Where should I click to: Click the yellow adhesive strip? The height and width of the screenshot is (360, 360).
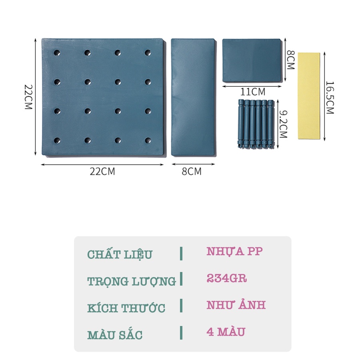(309, 96)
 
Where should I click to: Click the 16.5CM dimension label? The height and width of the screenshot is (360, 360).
(330, 98)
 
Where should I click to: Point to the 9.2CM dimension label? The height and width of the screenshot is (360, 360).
(282, 124)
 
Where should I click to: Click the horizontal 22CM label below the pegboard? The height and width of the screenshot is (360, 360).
(102, 172)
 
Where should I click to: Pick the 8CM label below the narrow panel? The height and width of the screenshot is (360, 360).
(192, 172)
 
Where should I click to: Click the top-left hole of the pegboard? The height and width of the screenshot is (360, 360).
(56, 52)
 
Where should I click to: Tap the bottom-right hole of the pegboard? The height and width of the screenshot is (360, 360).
(148, 140)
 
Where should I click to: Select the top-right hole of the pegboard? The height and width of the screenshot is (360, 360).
(148, 52)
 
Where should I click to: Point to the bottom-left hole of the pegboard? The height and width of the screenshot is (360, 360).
(56, 140)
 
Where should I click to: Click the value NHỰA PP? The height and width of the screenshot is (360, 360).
(235, 252)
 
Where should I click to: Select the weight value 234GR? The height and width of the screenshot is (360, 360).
(227, 278)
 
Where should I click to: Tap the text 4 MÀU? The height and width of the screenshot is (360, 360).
(226, 332)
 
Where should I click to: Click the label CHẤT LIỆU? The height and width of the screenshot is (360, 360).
(120, 254)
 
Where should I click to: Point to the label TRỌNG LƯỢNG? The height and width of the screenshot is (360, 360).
(132, 281)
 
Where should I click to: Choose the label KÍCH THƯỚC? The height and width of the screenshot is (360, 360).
(126, 308)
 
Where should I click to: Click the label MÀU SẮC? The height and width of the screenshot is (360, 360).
(115, 335)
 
